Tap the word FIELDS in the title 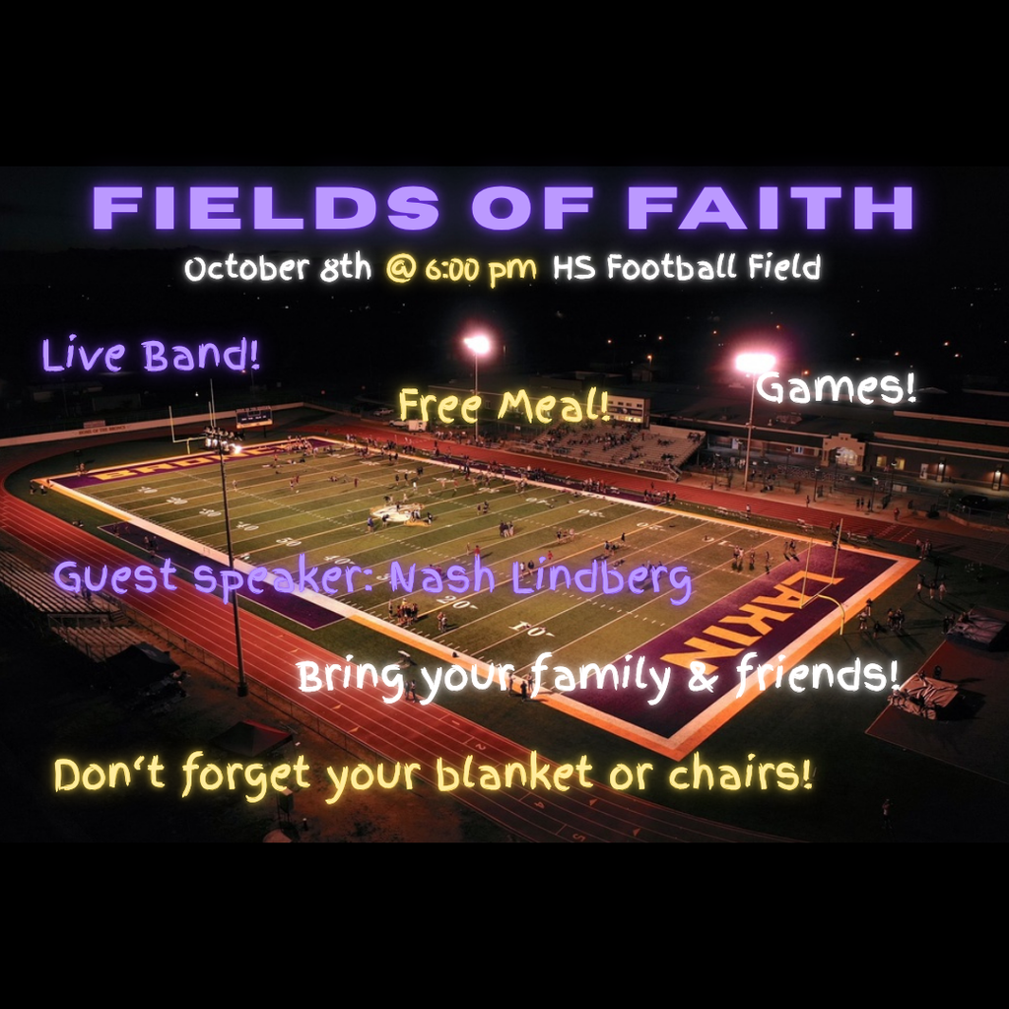click(265, 208)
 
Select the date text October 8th click(277, 268)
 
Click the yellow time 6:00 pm click(481, 269)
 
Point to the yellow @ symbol click(400, 269)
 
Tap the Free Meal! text click(504, 406)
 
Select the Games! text click(837, 388)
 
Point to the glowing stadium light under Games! click(754, 363)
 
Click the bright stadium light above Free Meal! click(477, 344)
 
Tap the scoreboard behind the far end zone click(253, 417)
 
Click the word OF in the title click(532, 208)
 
